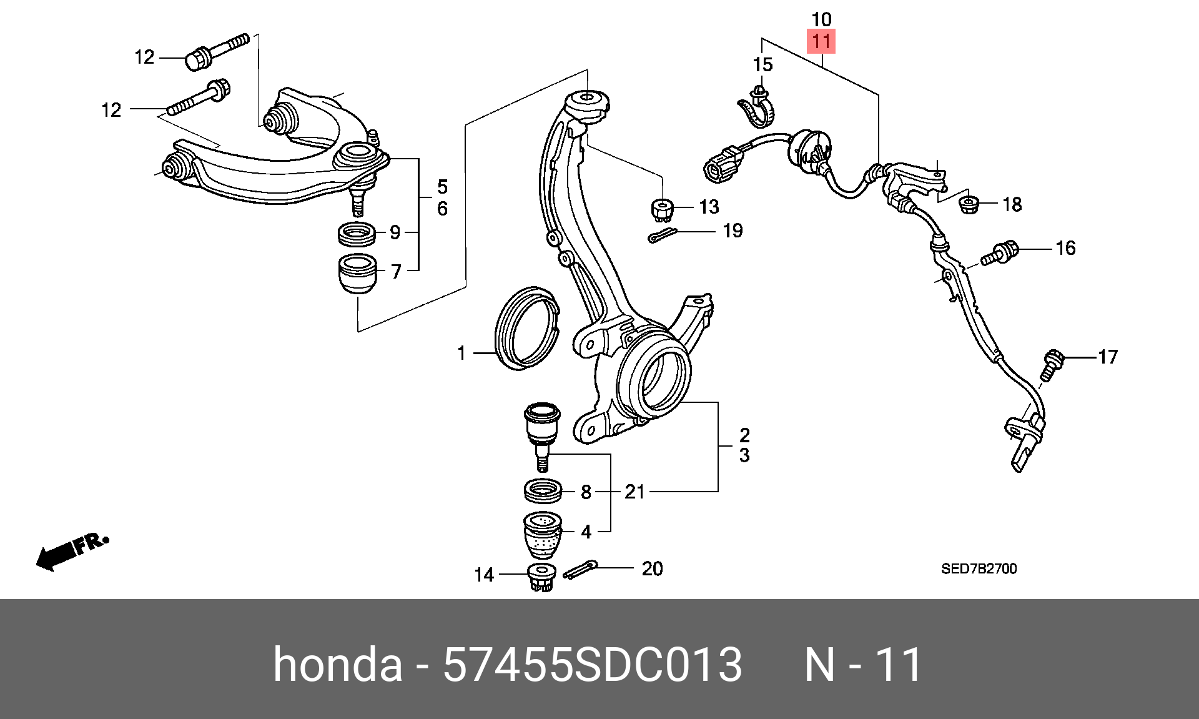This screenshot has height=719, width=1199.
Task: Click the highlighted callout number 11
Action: click(x=821, y=42)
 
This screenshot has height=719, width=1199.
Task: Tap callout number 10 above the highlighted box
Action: click(x=821, y=19)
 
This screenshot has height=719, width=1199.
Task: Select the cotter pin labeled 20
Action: click(x=581, y=570)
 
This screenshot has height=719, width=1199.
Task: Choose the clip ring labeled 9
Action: click(x=357, y=234)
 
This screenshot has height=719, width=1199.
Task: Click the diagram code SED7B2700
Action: click(x=979, y=569)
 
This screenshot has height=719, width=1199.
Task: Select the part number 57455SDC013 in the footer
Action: click(x=592, y=665)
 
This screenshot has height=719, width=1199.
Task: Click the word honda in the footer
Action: click(x=338, y=665)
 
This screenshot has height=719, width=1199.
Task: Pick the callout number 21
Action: click(x=634, y=492)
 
